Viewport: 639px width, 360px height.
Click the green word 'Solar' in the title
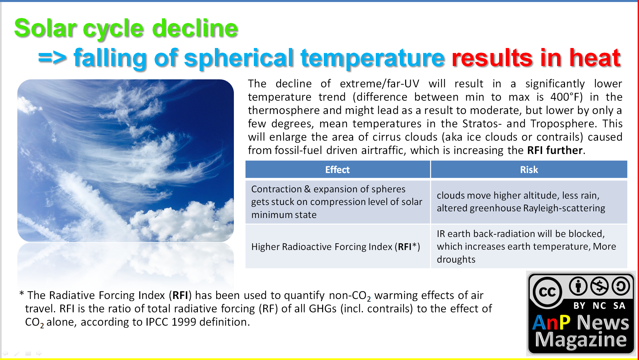[x=46, y=28]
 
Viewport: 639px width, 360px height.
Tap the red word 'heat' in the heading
[x=595, y=57]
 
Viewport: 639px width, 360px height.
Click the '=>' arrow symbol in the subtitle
[x=52, y=58]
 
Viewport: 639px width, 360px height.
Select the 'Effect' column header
[x=337, y=170]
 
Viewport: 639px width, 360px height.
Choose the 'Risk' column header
[x=529, y=170]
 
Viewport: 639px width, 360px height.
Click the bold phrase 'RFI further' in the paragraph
[x=555, y=150]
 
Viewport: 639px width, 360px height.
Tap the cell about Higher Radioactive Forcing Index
[x=337, y=247]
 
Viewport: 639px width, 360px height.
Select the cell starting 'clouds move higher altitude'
[x=529, y=202]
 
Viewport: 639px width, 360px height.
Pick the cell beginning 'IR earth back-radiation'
[x=529, y=247]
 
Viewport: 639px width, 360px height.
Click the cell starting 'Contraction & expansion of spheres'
[x=337, y=202]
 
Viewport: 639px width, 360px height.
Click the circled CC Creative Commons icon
[x=547, y=292]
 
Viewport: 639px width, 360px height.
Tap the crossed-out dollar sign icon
[x=599, y=286]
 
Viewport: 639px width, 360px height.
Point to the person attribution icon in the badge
[x=578, y=286]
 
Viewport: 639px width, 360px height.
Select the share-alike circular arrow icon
[x=621, y=286]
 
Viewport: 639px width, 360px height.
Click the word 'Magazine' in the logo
[x=581, y=340]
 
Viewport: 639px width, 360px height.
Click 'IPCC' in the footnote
[x=157, y=322]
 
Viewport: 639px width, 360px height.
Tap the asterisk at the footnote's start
[x=22, y=294]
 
